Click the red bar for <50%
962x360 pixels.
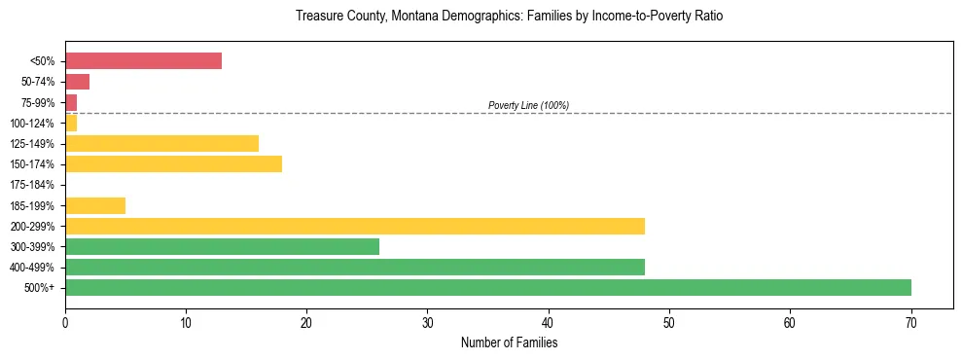[x=143, y=61]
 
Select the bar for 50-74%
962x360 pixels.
[x=77, y=82]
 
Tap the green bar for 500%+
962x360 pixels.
[x=487, y=287]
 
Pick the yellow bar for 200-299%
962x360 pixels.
[x=354, y=226]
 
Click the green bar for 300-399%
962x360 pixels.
[x=222, y=246]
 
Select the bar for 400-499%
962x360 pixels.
[x=354, y=267]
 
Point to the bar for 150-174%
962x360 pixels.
[x=173, y=164]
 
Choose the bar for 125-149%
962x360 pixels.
[x=161, y=144]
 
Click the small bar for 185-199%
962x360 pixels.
[x=95, y=205]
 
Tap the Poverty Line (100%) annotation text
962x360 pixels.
[x=528, y=105]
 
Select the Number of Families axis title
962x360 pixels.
[x=509, y=342]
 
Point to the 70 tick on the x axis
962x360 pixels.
[x=910, y=323]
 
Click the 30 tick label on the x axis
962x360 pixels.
[x=427, y=323]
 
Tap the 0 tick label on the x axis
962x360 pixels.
[x=65, y=323]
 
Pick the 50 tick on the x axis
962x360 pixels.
[x=669, y=323]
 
